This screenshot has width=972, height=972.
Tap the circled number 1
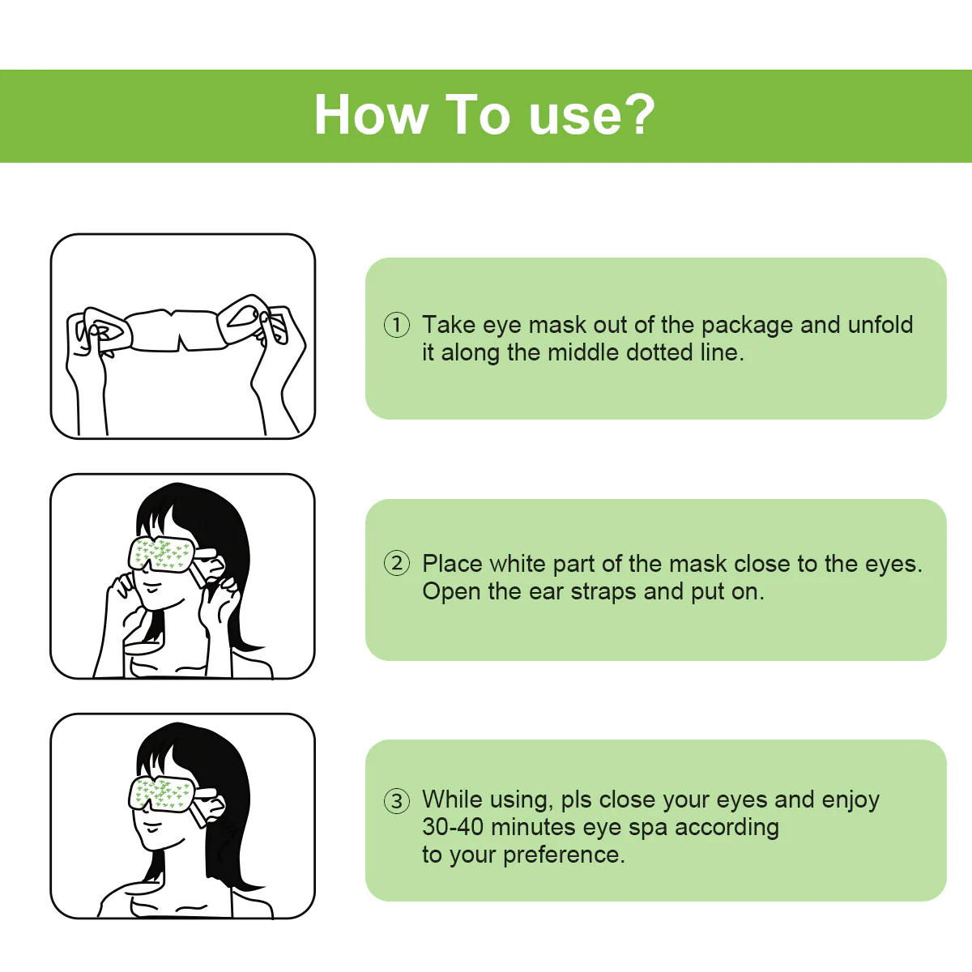(x=396, y=325)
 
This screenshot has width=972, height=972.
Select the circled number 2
(x=396, y=563)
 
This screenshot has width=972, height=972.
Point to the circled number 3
(x=396, y=801)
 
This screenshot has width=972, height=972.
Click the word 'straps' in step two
(x=603, y=592)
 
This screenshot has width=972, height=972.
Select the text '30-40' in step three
(x=453, y=827)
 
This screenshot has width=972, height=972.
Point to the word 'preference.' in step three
(x=564, y=856)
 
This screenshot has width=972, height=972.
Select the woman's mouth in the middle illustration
(x=151, y=588)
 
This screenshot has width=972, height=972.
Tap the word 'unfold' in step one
(x=880, y=325)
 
